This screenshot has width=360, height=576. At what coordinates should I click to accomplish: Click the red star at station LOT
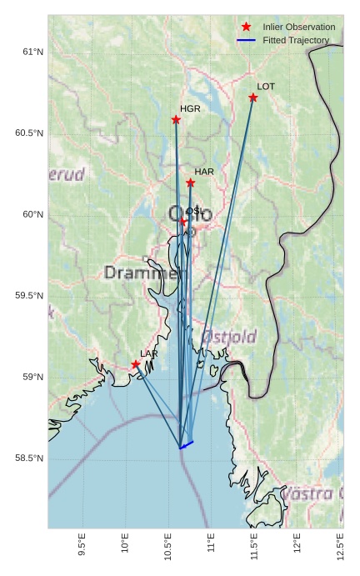[x=253, y=98]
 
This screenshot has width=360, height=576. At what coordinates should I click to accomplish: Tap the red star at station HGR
[x=176, y=120]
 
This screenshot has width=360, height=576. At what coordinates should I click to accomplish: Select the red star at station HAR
[x=190, y=183]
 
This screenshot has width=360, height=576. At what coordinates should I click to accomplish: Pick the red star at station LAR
[x=136, y=364]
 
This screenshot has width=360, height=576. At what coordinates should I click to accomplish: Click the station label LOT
[x=266, y=87]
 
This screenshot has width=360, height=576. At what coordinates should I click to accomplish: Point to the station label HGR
[x=190, y=109]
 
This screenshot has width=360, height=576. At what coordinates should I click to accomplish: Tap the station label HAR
[x=204, y=172]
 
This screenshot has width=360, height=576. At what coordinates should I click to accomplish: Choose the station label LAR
[x=149, y=354]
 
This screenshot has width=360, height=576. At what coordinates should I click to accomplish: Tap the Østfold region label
[x=228, y=337]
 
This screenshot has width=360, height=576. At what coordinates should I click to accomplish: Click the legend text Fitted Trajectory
[x=296, y=40]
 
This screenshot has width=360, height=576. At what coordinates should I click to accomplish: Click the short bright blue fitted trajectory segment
[x=187, y=444]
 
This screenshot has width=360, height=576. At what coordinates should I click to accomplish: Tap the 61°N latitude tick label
[x=32, y=53]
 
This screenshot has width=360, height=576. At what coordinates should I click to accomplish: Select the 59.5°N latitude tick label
[x=29, y=296]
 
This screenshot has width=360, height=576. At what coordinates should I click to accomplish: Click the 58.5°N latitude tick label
[x=29, y=458]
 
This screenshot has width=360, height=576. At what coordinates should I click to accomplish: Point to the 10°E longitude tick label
[x=125, y=547]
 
